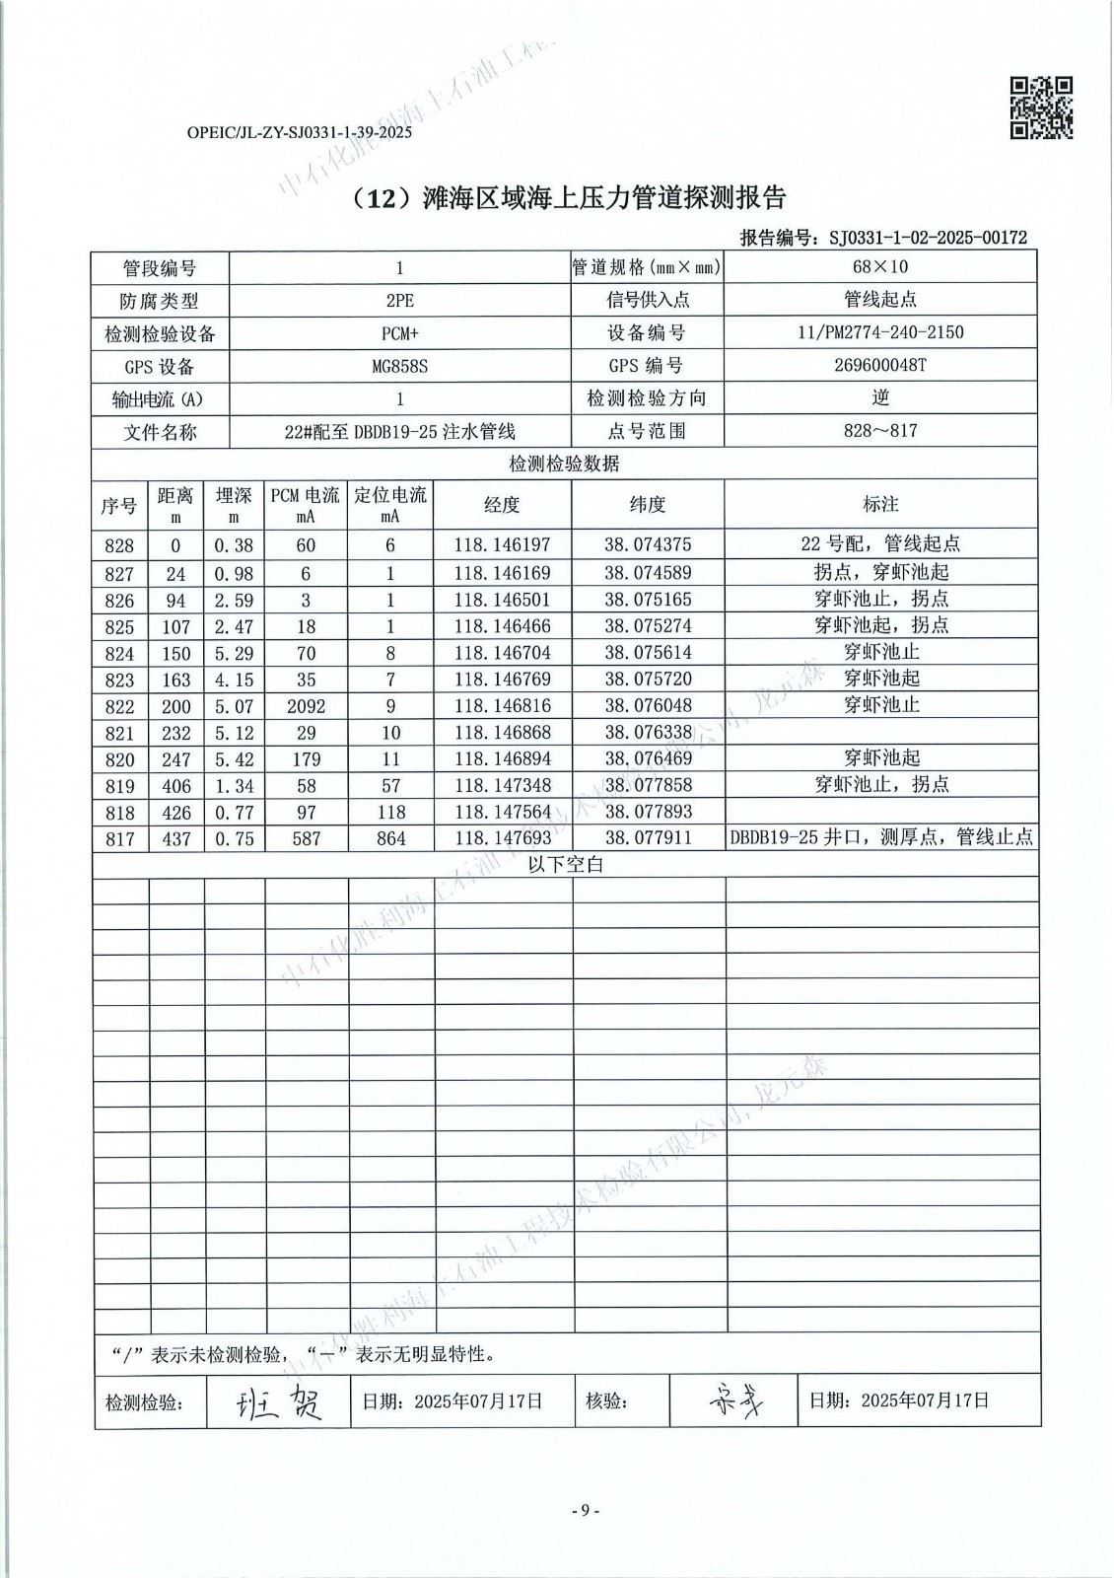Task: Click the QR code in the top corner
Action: (1041, 108)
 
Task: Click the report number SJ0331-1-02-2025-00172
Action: (927, 238)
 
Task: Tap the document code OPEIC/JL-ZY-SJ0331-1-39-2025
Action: (299, 132)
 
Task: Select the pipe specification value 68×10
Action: (880, 267)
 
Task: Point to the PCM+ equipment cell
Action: (399, 333)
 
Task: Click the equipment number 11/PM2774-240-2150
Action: (880, 332)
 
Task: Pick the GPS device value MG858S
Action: (399, 366)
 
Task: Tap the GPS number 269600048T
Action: (880, 365)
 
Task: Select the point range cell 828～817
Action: (880, 431)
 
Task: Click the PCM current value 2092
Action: (306, 706)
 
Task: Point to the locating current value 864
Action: (390, 839)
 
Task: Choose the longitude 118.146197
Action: (502, 544)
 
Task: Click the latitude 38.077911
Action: (648, 838)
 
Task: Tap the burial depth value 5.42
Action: (234, 759)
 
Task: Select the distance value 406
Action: (175, 786)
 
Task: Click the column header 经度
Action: (502, 505)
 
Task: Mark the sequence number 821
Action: (119, 733)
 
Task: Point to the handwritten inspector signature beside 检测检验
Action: (278, 1400)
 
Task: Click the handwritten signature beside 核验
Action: (733, 1400)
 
